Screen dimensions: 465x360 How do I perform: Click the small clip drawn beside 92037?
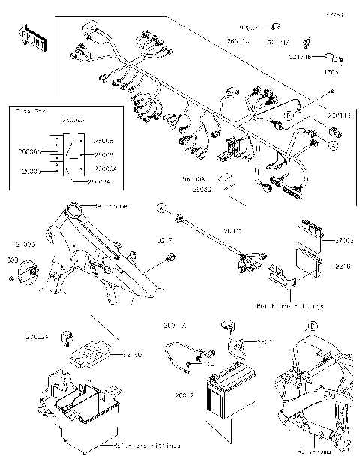point(275,27)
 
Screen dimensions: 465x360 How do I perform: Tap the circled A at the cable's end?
point(160,205)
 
